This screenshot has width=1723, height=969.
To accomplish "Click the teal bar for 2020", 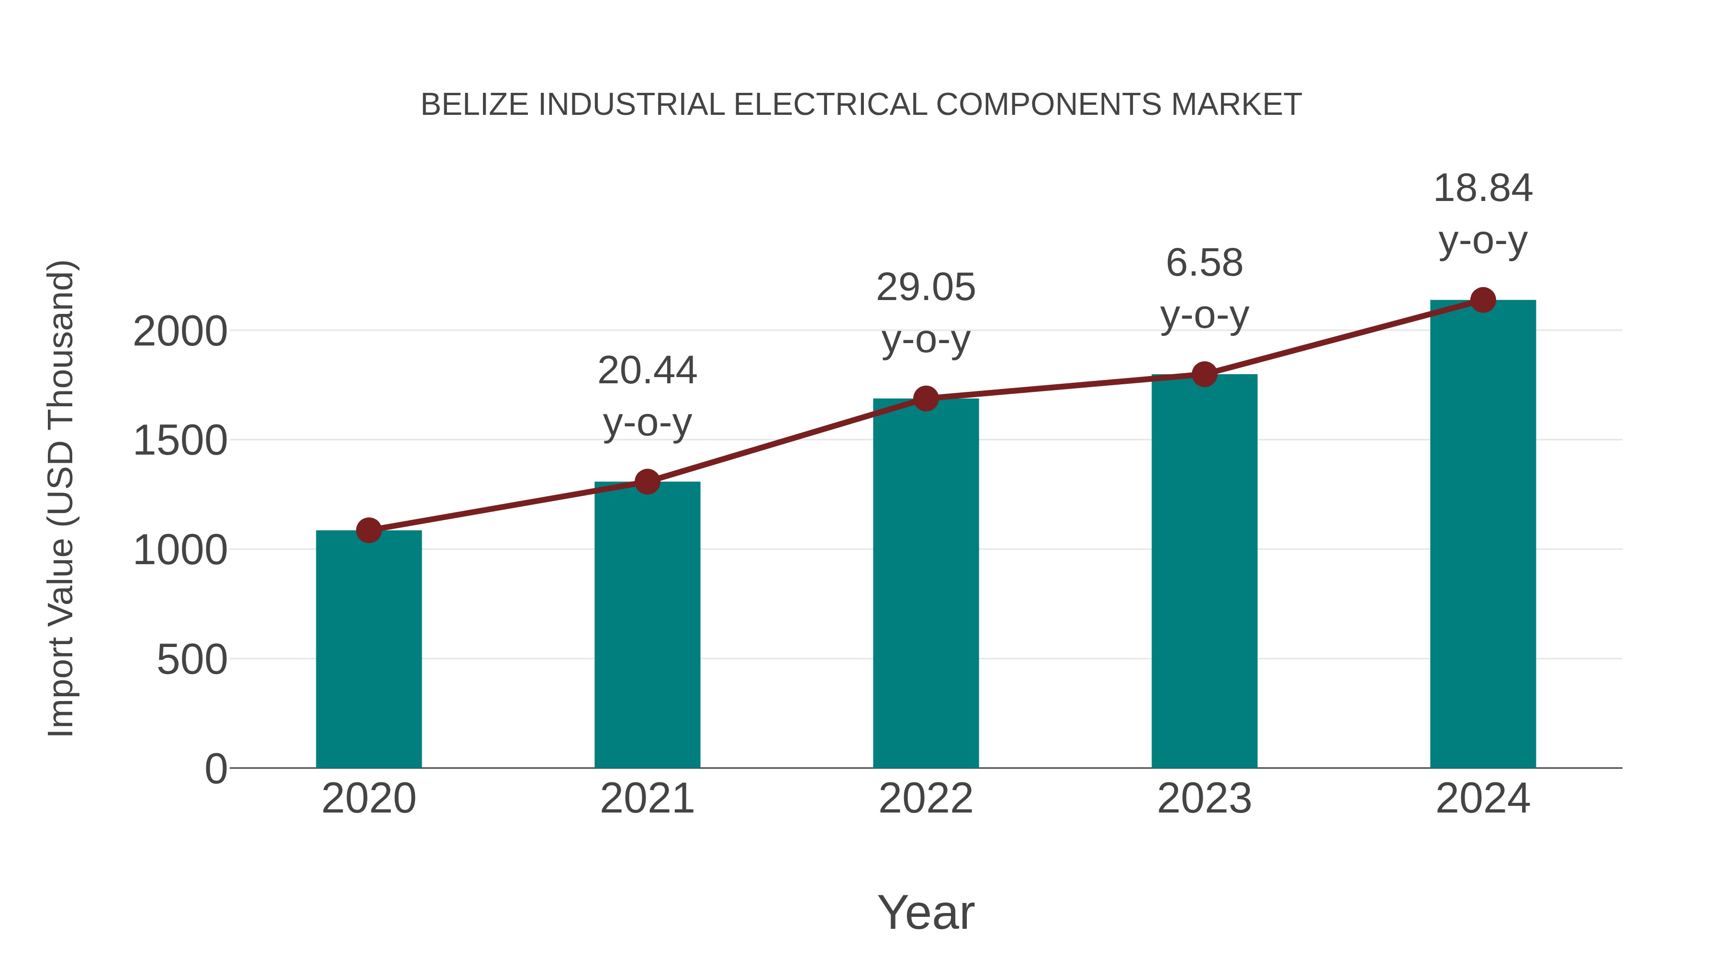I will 369,649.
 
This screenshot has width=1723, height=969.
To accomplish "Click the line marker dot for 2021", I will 647,481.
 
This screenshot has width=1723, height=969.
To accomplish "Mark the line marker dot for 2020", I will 369,530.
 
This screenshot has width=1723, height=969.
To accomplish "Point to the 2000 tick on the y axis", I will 180,332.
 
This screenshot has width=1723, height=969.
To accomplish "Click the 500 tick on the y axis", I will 192,660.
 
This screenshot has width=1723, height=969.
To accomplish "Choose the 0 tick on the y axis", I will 215,769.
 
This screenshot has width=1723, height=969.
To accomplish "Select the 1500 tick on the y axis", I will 180,441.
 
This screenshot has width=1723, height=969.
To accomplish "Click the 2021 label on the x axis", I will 647,799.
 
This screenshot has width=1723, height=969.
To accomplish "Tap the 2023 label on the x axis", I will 1204,799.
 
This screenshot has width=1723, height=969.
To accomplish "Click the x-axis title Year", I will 926,913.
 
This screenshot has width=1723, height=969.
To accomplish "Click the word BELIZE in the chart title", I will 474,105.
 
